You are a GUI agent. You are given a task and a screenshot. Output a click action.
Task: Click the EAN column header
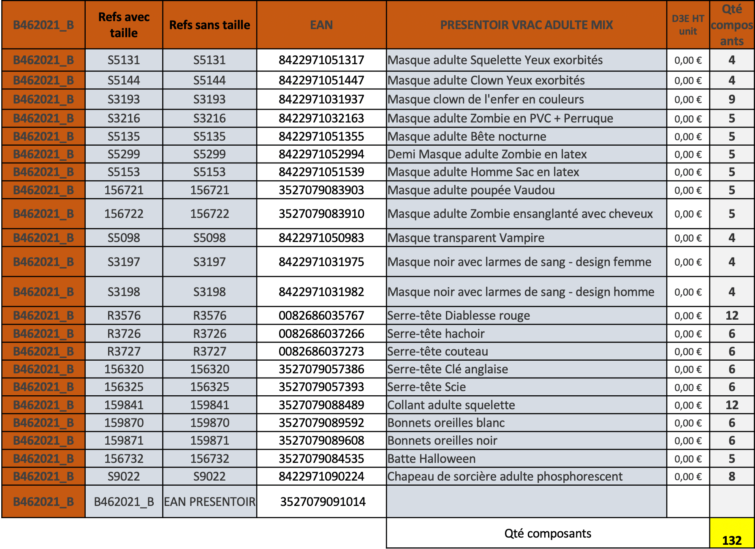(321, 25)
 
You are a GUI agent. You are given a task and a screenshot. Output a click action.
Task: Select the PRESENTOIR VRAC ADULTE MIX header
(526, 25)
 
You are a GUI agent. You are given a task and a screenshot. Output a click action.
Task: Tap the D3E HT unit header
(688, 25)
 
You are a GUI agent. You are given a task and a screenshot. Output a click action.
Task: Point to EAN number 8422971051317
(321, 60)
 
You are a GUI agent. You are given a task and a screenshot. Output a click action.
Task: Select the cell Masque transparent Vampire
(466, 238)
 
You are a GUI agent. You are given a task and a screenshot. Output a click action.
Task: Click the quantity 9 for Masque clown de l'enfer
(732, 99)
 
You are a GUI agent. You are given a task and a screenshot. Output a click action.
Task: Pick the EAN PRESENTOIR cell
(209, 502)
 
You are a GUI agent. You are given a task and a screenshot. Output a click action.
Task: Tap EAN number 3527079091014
(323, 502)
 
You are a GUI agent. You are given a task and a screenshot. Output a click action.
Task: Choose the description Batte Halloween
(432, 459)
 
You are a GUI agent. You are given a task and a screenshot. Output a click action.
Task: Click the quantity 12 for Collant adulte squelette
(732, 405)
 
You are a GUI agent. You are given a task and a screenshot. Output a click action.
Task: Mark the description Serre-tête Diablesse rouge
(459, 315)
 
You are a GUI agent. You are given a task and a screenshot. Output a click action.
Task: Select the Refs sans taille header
(209, 25)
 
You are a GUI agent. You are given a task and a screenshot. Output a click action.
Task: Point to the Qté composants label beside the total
(548, 533)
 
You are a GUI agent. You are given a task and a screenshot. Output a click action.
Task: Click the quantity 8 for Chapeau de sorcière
(732, 476)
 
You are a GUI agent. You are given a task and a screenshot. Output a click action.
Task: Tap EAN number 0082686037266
(321, 334)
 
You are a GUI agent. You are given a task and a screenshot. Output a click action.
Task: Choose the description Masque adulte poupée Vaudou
(471, 190)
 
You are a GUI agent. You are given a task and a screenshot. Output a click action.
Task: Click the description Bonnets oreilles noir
(442, 440)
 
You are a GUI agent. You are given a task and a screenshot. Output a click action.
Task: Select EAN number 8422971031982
(321, 292)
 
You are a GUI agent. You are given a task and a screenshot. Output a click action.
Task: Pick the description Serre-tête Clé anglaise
(448, 369)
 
